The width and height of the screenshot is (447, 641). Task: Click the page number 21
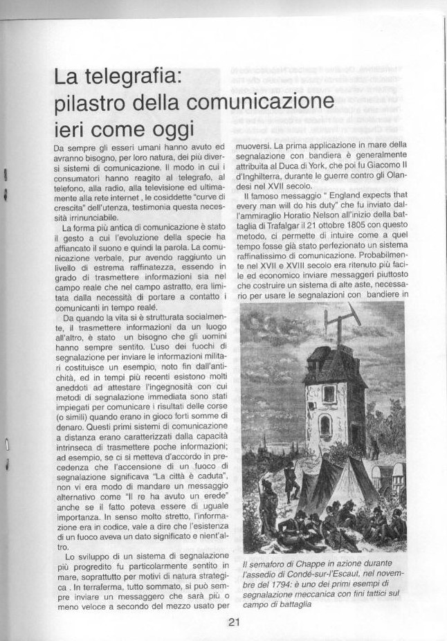[232, 621]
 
